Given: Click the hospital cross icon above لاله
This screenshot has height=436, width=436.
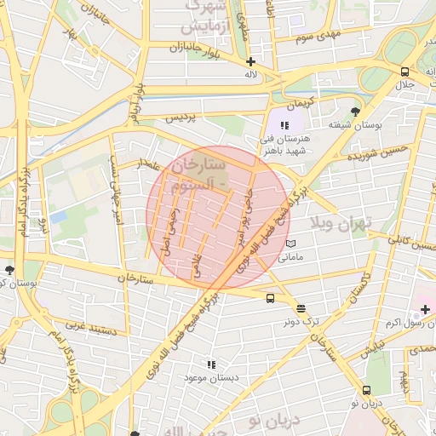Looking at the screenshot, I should (250, 61).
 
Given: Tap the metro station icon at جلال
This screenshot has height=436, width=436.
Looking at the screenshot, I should (404, 72).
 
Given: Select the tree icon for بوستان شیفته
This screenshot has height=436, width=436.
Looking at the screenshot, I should (355, 111).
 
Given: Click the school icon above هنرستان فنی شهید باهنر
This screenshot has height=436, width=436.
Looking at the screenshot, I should (284, 125).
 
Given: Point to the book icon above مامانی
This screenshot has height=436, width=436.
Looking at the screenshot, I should (291, 244).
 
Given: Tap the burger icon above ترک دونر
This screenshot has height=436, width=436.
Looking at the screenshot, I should (301, 308).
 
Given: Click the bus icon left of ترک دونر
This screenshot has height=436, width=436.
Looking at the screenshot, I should (270, 298).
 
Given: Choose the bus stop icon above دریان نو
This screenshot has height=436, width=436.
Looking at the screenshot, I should (366, 390).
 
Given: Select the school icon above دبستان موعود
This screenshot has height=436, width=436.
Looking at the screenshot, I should (211, 364).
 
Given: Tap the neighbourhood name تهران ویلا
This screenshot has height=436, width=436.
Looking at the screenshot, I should (341, 224).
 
